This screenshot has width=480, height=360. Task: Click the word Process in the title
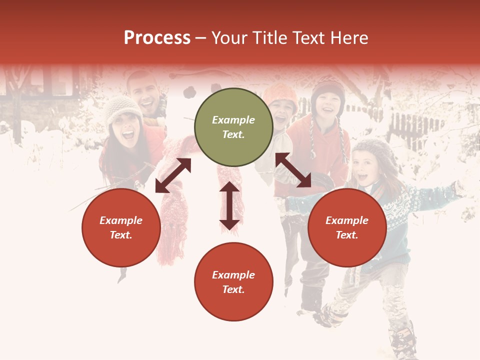157,38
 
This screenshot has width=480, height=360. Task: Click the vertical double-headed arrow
229,205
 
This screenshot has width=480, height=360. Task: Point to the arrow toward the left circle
173,175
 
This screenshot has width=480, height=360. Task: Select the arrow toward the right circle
293,170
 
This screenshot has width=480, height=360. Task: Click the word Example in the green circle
233,120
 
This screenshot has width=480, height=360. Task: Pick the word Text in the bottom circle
233,289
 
